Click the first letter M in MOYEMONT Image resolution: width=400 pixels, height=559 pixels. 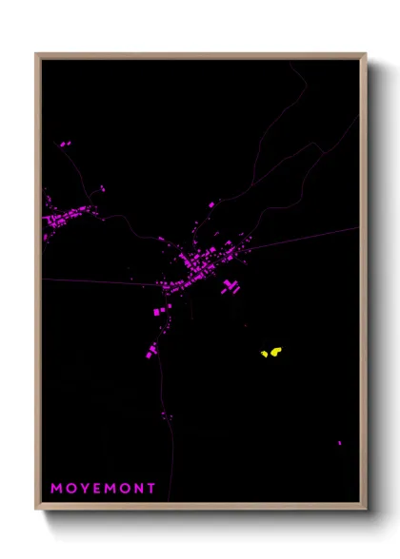(x=55, y=489)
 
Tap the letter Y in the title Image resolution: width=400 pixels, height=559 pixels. (x=84, y=489)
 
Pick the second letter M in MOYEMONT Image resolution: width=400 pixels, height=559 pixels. (x=110, y=489)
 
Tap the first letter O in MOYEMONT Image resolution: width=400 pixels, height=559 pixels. (x=70, y=489)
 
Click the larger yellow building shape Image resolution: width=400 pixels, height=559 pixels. (x=275, y=352)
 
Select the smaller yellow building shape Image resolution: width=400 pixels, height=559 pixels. (x=265, y=356)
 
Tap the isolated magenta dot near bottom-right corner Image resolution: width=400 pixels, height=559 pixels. (x=339, y=443)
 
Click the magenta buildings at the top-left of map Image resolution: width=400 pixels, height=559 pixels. (x=65, y=145)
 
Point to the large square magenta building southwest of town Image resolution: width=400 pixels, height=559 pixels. (x=158, y=312)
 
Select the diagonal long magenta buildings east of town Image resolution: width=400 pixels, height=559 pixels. (x=229, y=285)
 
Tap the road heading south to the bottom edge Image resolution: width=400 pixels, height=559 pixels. (x=171, y=456)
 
